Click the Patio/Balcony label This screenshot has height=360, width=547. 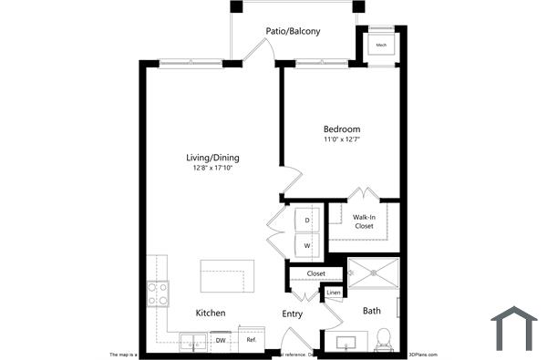tap(293, 32)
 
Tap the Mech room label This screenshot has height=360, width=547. tap(380, 45)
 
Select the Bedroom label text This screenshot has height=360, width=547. tap(341, 129)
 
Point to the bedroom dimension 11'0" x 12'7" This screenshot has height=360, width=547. tap(341, 140)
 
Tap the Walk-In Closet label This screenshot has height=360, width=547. tap(364, 221)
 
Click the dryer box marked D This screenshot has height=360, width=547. tap(307, 221)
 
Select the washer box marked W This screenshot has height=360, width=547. tap(307, 245)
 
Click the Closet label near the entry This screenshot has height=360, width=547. tap(315, 273)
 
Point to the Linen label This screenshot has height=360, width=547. tap(334, 293)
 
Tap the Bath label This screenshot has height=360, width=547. tap(372, 311)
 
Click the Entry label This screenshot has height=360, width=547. tap(292, 314)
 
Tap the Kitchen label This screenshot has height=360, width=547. tap(211, 314)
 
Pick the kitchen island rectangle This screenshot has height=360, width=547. tap(228, 277)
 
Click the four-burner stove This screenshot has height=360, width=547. tap(158, 293)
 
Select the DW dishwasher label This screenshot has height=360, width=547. tap(221, 340)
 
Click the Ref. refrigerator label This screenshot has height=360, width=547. tap(251, 340)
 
